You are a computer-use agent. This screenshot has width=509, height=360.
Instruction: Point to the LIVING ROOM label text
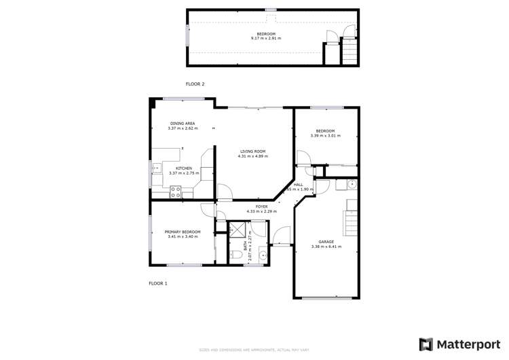251,151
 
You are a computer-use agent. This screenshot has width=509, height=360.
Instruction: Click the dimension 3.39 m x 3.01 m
324,136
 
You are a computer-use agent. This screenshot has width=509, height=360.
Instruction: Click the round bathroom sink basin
263,256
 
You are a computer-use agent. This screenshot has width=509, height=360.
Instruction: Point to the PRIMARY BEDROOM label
183,232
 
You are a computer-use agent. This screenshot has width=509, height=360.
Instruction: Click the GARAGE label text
326,242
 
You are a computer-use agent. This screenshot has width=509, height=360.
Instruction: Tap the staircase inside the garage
350,222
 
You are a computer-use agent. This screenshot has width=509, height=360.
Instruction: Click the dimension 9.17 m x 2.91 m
265,39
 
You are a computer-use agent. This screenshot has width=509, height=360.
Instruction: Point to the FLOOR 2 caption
195,84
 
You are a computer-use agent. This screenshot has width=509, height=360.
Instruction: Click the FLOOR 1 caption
157,283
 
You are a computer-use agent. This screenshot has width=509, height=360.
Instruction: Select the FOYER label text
261,206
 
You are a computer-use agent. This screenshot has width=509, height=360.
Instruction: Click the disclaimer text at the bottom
254,350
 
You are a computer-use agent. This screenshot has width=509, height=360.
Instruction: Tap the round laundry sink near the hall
352,185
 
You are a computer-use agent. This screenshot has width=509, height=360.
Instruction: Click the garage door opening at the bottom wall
326,298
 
